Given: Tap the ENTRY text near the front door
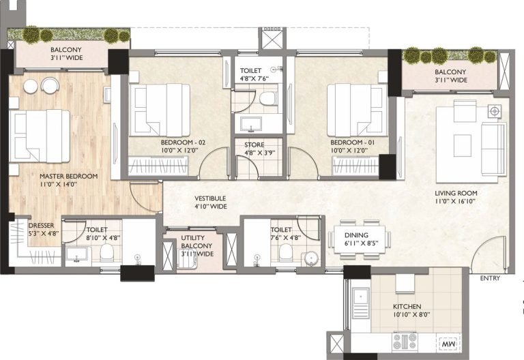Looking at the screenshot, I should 489,278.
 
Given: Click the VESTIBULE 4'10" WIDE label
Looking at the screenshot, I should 209,202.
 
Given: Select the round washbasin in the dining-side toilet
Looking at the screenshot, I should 310,258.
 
